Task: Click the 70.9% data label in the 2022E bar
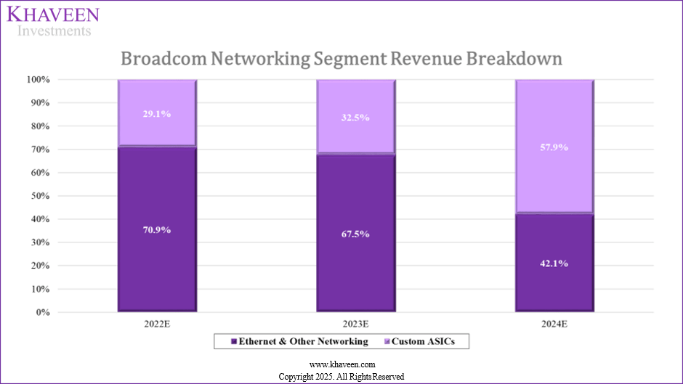pos(157,230)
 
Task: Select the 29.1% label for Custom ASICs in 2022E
pos(157,114)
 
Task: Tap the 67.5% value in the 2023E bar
pos(355,234)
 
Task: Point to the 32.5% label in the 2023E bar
pos(355,118)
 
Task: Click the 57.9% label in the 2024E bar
pos(554,147)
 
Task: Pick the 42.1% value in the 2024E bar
pos(554,264)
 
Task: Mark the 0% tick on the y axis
pos(44,313)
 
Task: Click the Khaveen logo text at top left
pos(54,15)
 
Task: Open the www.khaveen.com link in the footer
pos(341,364)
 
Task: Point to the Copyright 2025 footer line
pos(341,377)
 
